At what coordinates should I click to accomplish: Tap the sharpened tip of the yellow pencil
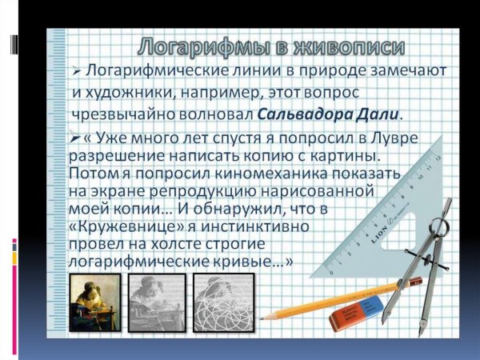click(x=263, y=317)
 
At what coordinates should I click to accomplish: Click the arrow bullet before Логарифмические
click(x=76, y=70)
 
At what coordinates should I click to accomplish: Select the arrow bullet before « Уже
click(x=75, y=138)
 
